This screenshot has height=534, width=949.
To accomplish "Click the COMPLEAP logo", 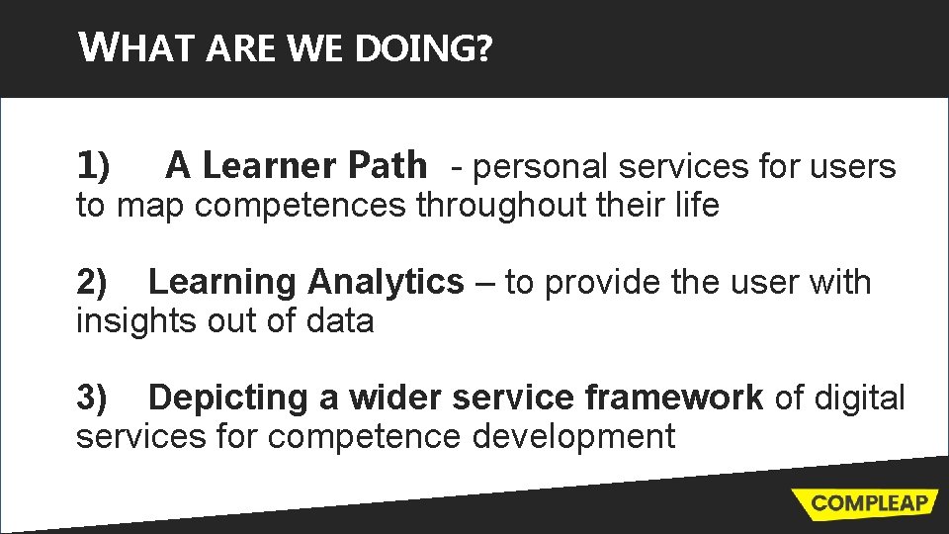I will click(869, 502).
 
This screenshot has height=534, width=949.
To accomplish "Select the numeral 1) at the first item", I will click(95, 166).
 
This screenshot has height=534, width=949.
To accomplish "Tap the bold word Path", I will click(388, 166).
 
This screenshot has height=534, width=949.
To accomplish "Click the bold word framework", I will click(673, 398).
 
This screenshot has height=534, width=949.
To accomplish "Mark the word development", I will click(573, 436).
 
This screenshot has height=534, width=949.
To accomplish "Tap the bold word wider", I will click(394, 398).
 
